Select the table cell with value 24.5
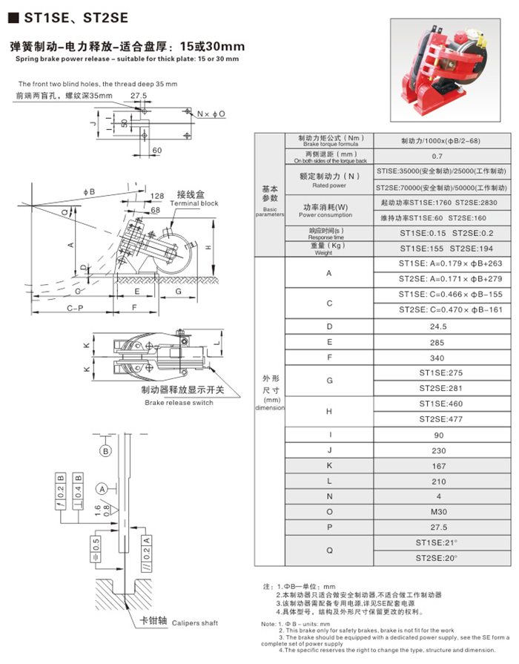(x=440, y=326)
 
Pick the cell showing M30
(x=440, y=512)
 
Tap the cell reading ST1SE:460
(x=440, y=404)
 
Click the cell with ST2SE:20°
(x=440, y=558)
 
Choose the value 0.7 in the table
(x=440, y=157)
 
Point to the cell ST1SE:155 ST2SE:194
(x=440, y=249)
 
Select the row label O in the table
(x=328, y=512)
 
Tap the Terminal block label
(x=194, y=203)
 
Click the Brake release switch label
(x=179, y=403)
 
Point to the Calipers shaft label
(x=175, y=624)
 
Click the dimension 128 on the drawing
(x=156, y=196)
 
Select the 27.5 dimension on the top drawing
(x=138, y=96)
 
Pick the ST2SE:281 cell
(x=440, y=388)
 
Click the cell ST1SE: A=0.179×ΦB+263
(x=440, y=263)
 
